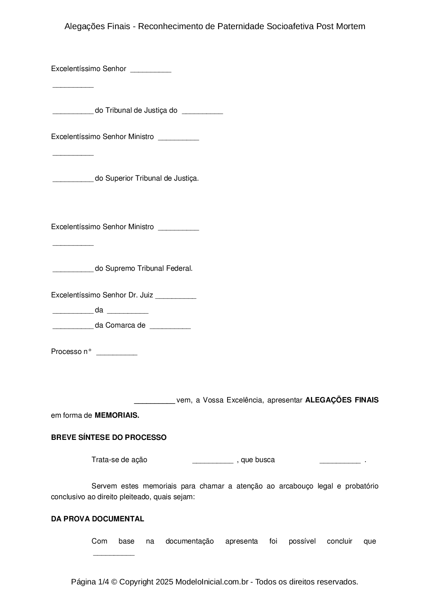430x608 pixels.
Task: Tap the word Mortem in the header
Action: pyautogui.click(x=351, y=26)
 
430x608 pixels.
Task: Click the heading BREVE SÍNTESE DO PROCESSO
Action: pyautogui.click(x=109, y=437)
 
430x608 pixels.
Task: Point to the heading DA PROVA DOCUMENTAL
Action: pyautogui.click(x=97, y=519)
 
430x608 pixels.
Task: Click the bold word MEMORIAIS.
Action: pyautogui.click(x=117, y=415)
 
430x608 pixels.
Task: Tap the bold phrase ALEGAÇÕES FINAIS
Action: pyautogui.click(x=342, y=400)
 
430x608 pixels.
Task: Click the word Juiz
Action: pyautogui.click(x=146, y=295)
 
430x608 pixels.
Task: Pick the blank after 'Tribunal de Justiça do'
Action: pyautogui.click(x=202, y=112)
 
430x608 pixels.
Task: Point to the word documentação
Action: pyautogui.click(x=190, y=541)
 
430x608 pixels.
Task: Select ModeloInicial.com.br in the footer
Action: pyautogui.click(x=212, y=582)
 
